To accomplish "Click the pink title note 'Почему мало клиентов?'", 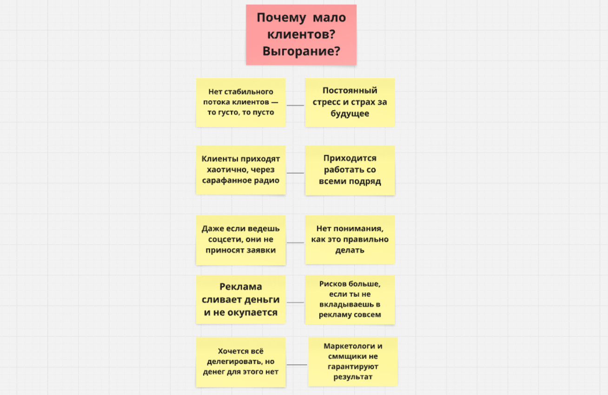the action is pos(301,35).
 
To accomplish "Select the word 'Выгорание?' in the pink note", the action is pos(301,51).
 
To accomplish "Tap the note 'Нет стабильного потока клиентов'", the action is pos(241,103).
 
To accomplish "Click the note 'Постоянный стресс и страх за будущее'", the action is pos(350,103).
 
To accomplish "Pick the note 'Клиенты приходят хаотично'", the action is pos(241,170).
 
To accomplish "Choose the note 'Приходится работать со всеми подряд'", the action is pos(350,170).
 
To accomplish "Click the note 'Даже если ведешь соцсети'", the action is pos(241,240).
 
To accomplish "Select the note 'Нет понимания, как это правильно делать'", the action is pos(350,240).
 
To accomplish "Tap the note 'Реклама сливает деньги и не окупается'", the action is pos(241,299).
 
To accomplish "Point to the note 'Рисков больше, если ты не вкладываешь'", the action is pos(350,299).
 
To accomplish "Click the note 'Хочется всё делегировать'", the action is pos(241,362).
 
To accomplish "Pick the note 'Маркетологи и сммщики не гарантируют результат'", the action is pos(353,362).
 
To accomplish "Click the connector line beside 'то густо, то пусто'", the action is pos(295,105).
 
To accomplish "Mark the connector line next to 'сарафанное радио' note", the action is pos(295,173).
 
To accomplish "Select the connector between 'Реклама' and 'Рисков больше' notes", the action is pos(295,302).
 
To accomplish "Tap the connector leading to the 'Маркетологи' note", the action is pos(297,365).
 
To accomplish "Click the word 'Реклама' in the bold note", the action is pos(241,286).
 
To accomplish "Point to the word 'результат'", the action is pos(353,377).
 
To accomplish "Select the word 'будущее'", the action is pos(350,113).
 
